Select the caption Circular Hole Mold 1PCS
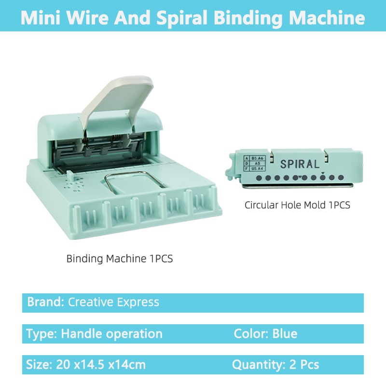[x=297, y=205]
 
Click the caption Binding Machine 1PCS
[x=119, y=259]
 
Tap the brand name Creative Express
[x=113, y=303]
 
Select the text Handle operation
[x=111, y=333]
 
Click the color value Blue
[x=285, y=333]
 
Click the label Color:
[x=251, y=333]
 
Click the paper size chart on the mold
[x=254, y=163]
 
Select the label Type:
[x=41, y=333]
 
